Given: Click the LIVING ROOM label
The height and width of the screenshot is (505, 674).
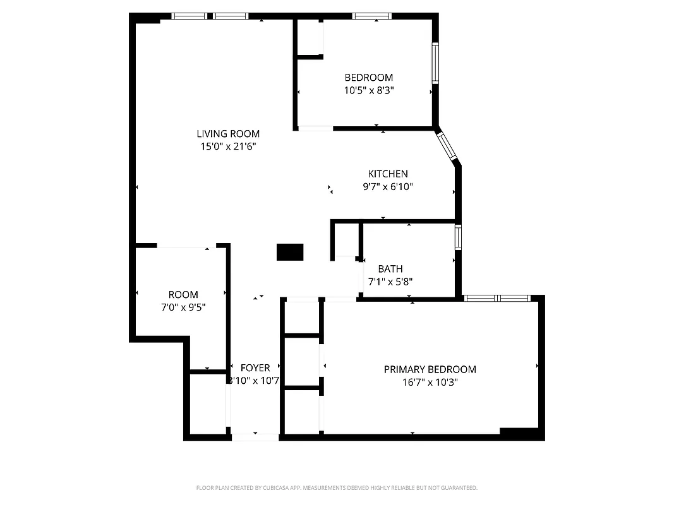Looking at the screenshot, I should tap(228, 133).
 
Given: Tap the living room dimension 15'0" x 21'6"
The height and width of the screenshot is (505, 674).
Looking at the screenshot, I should tap(228, 146).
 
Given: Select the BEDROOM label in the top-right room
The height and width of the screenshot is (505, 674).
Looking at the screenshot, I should tap(368, 78).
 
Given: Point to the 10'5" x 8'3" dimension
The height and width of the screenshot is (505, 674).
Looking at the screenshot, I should tap(369, 90).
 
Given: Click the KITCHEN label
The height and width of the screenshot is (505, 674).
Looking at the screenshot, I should tap(388, 174).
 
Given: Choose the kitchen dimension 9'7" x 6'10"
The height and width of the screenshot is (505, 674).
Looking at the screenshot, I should tap(388, 186).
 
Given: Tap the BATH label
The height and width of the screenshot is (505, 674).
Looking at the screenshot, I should tap(390, 269).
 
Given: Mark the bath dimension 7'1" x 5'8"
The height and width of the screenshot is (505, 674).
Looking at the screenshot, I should tap(390, 282).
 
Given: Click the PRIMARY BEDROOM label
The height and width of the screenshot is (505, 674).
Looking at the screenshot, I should tap(430, 369).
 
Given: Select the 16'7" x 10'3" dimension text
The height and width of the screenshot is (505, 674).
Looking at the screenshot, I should tap(430, 382).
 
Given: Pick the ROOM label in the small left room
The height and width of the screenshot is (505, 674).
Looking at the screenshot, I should tap(183, 294).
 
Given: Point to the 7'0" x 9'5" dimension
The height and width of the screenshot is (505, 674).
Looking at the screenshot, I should tap(183, 307).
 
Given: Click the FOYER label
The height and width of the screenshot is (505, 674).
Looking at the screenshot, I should tap(255, 367).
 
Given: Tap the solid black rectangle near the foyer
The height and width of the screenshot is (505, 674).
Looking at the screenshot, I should tap(290, 252).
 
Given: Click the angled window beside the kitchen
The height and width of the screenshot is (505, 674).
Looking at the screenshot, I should tap(447, 145).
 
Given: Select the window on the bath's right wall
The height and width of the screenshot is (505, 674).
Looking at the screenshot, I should tap(458, 237).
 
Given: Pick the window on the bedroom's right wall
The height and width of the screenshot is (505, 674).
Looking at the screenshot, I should tap(435, 63).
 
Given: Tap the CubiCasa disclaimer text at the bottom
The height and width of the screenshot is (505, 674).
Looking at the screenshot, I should tap(337, 488).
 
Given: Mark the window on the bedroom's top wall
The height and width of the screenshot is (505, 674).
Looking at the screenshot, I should tap(371, 16).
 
